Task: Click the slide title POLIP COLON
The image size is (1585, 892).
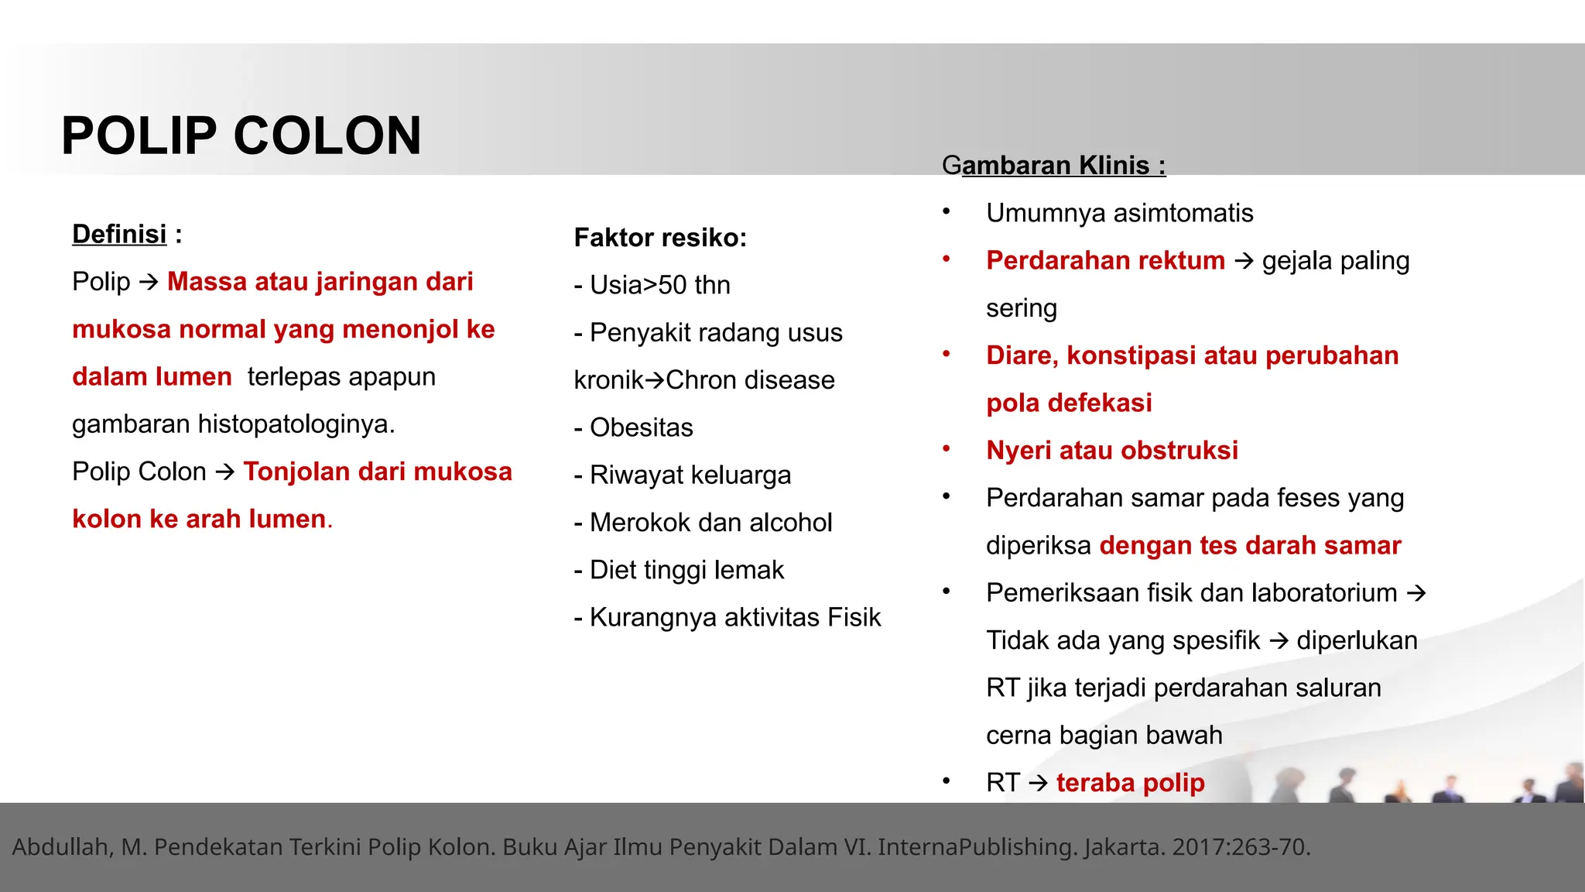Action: pos(241,136)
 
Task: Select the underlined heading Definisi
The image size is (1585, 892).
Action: pos(119,234)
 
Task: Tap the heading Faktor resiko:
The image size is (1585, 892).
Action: pos(660,238)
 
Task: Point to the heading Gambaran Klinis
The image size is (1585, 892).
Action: pos(1053,165)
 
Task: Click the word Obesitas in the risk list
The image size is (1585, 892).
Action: pos(641,427)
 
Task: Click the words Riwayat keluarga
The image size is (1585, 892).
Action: pos(690,475)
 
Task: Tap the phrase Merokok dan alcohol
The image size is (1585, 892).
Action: pos(710,523)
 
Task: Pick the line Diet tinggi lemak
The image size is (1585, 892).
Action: pos(686,570)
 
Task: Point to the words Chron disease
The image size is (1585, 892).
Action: pos(750,380)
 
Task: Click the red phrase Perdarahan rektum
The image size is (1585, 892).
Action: pos(1105,260)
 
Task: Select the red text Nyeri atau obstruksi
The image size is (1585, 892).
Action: pos(1111,450)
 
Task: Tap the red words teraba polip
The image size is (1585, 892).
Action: pos(1130,783)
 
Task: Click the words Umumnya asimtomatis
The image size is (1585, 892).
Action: pos(1119,213)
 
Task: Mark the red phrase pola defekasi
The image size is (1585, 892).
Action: pos(1069,403)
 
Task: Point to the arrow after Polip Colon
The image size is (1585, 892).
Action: pos(224,472)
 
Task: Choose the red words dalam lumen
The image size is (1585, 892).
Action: pos(152,376)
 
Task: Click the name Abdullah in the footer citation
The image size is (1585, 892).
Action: pos(62,847)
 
